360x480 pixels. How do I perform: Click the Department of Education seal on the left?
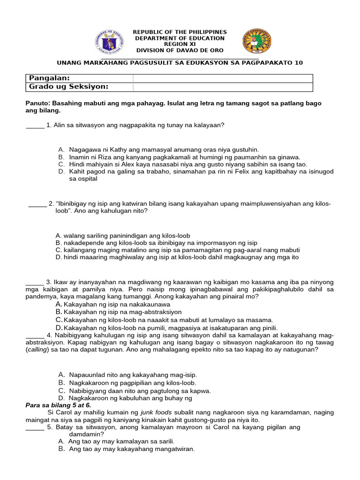(x=109, y=41)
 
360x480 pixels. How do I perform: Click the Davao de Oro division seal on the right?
(x=256, y=41)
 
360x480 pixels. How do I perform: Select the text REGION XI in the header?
(x=180, y=44)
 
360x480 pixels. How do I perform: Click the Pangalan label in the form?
(x=49, y=78)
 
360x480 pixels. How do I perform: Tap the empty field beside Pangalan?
(x=223, y=78)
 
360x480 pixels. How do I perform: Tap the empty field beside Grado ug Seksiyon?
(x=223, y=87)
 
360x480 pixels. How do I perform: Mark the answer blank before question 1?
(x=34, y=126)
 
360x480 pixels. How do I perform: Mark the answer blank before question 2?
(x=37, y=204)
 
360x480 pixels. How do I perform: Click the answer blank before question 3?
(x=34, y=283)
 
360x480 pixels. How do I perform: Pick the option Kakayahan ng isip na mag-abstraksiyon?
(x=122, y=312)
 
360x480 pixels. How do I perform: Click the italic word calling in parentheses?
(x=39, y=350)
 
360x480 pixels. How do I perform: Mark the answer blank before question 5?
(x=34, y=427)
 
